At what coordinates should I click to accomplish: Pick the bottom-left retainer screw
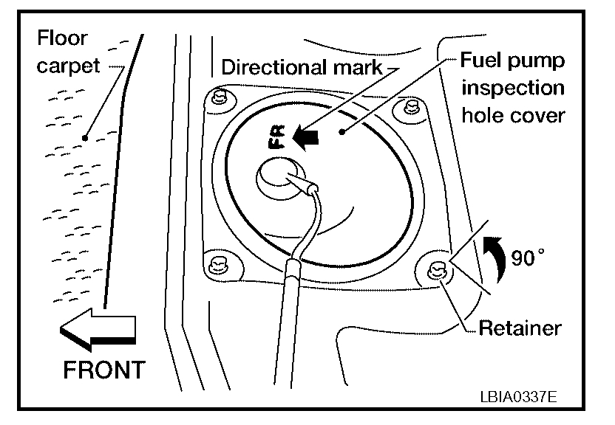pyautogui.click(x=217, y=263)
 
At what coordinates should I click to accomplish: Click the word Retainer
pyautogui.click(x=520, y=327)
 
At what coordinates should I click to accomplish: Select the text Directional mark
pyautogui.click(x=302, y=69)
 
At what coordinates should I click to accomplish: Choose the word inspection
pyautogui.click(x=512, y=88)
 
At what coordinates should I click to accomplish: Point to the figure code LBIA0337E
pyautogui.click(x=517, y=397)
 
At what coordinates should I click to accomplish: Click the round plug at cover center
pyautogui.click(x=276, y=176)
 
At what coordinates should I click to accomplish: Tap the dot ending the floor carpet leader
pyautogui.click(x=86, y=137)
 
